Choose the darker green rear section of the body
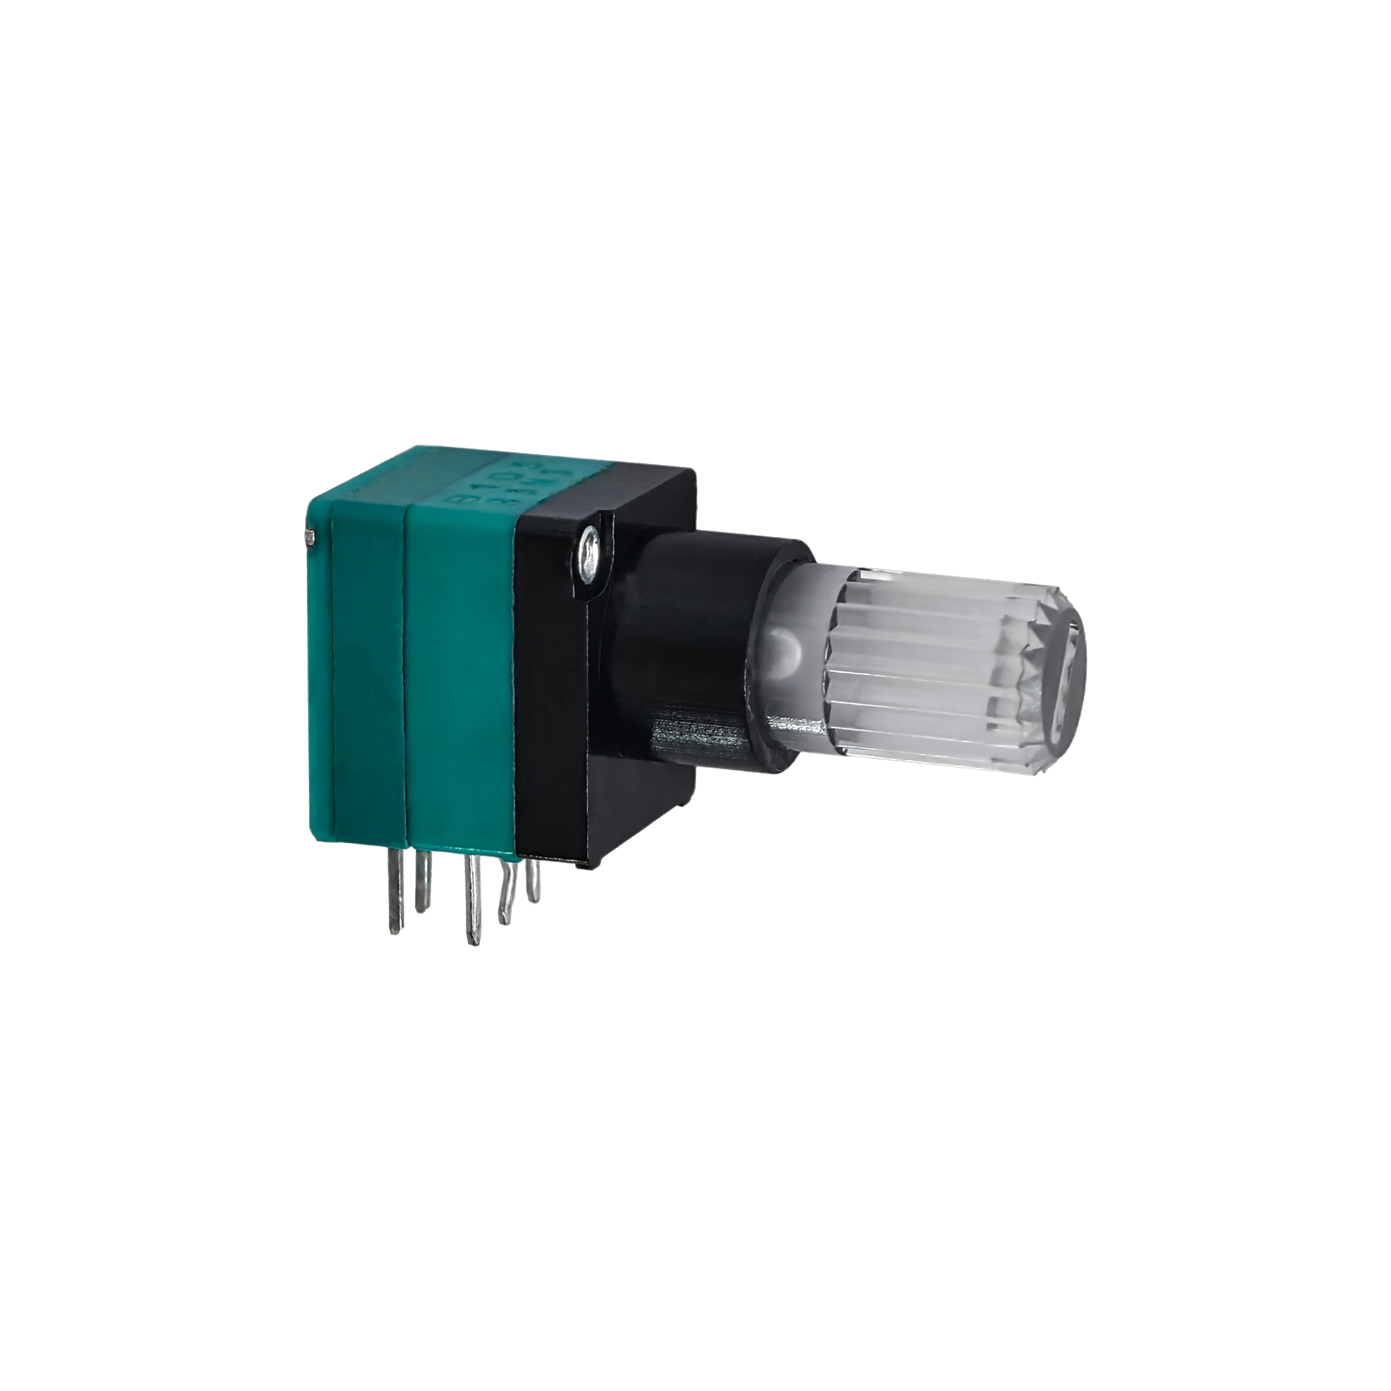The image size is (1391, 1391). click(x=367, y=684)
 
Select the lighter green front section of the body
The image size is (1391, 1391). click(x=461, y=684)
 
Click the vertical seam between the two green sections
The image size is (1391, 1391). click(x=405, y=684)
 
